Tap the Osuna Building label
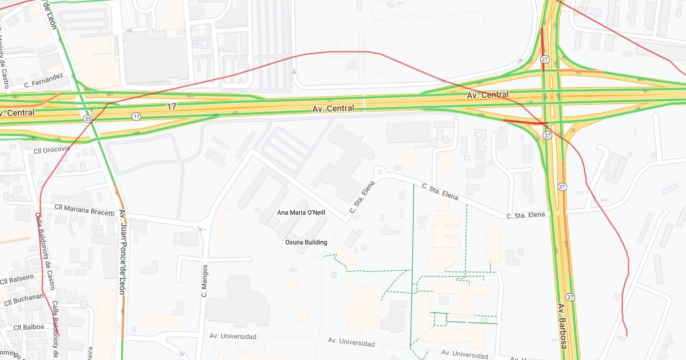pos(306,242)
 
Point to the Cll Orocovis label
pos(51,149)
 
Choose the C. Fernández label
pos(43,81)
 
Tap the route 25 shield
pos(87,119)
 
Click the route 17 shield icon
pos(135,117)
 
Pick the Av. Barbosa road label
pos(562,326)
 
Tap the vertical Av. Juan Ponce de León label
pos(122,251)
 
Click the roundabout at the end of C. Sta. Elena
pos(378,171)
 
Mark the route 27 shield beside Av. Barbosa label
pos(570,297)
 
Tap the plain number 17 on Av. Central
pos(172,107)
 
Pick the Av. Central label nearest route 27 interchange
pos(488,95)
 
